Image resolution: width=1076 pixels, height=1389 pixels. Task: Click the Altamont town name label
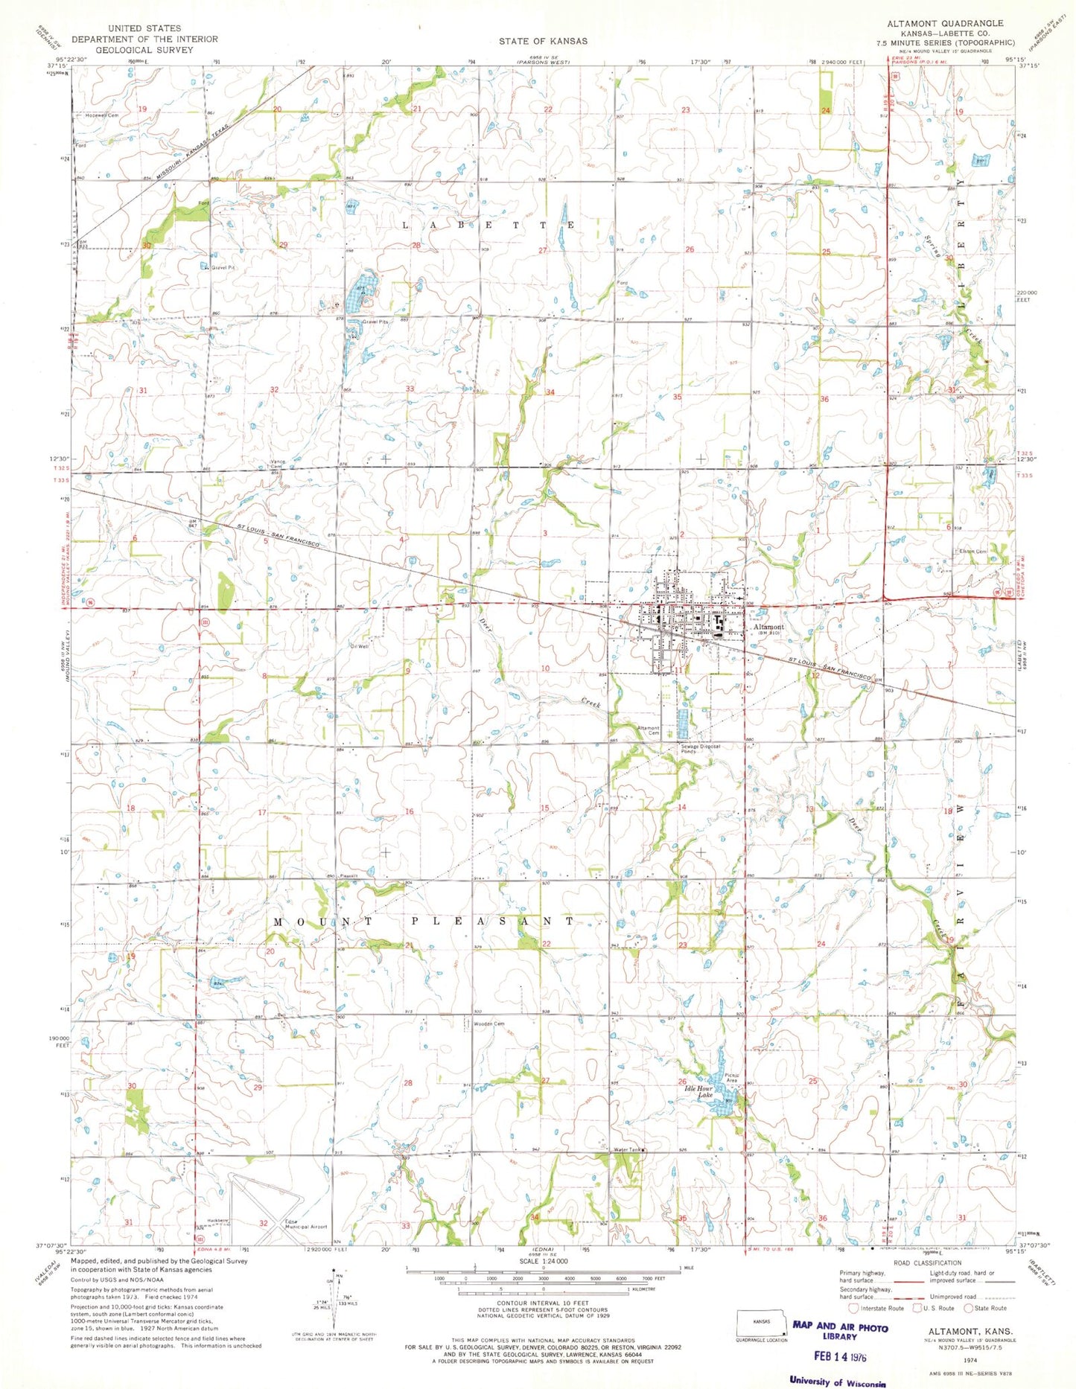tap(768, 627)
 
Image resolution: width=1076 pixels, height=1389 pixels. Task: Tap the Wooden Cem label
tap(489, 1024)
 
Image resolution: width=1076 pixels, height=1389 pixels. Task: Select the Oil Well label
tap(360, 647)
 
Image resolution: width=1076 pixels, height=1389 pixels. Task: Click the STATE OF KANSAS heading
tap(543, 41)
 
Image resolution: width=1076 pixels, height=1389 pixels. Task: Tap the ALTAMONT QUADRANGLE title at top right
tap(945, 24)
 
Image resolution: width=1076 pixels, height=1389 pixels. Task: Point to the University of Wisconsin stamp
tap(838, 1381)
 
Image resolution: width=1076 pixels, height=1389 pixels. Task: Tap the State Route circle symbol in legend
tap(969, 1307)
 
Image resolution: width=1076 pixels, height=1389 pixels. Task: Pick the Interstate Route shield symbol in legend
tap(853, 1307)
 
